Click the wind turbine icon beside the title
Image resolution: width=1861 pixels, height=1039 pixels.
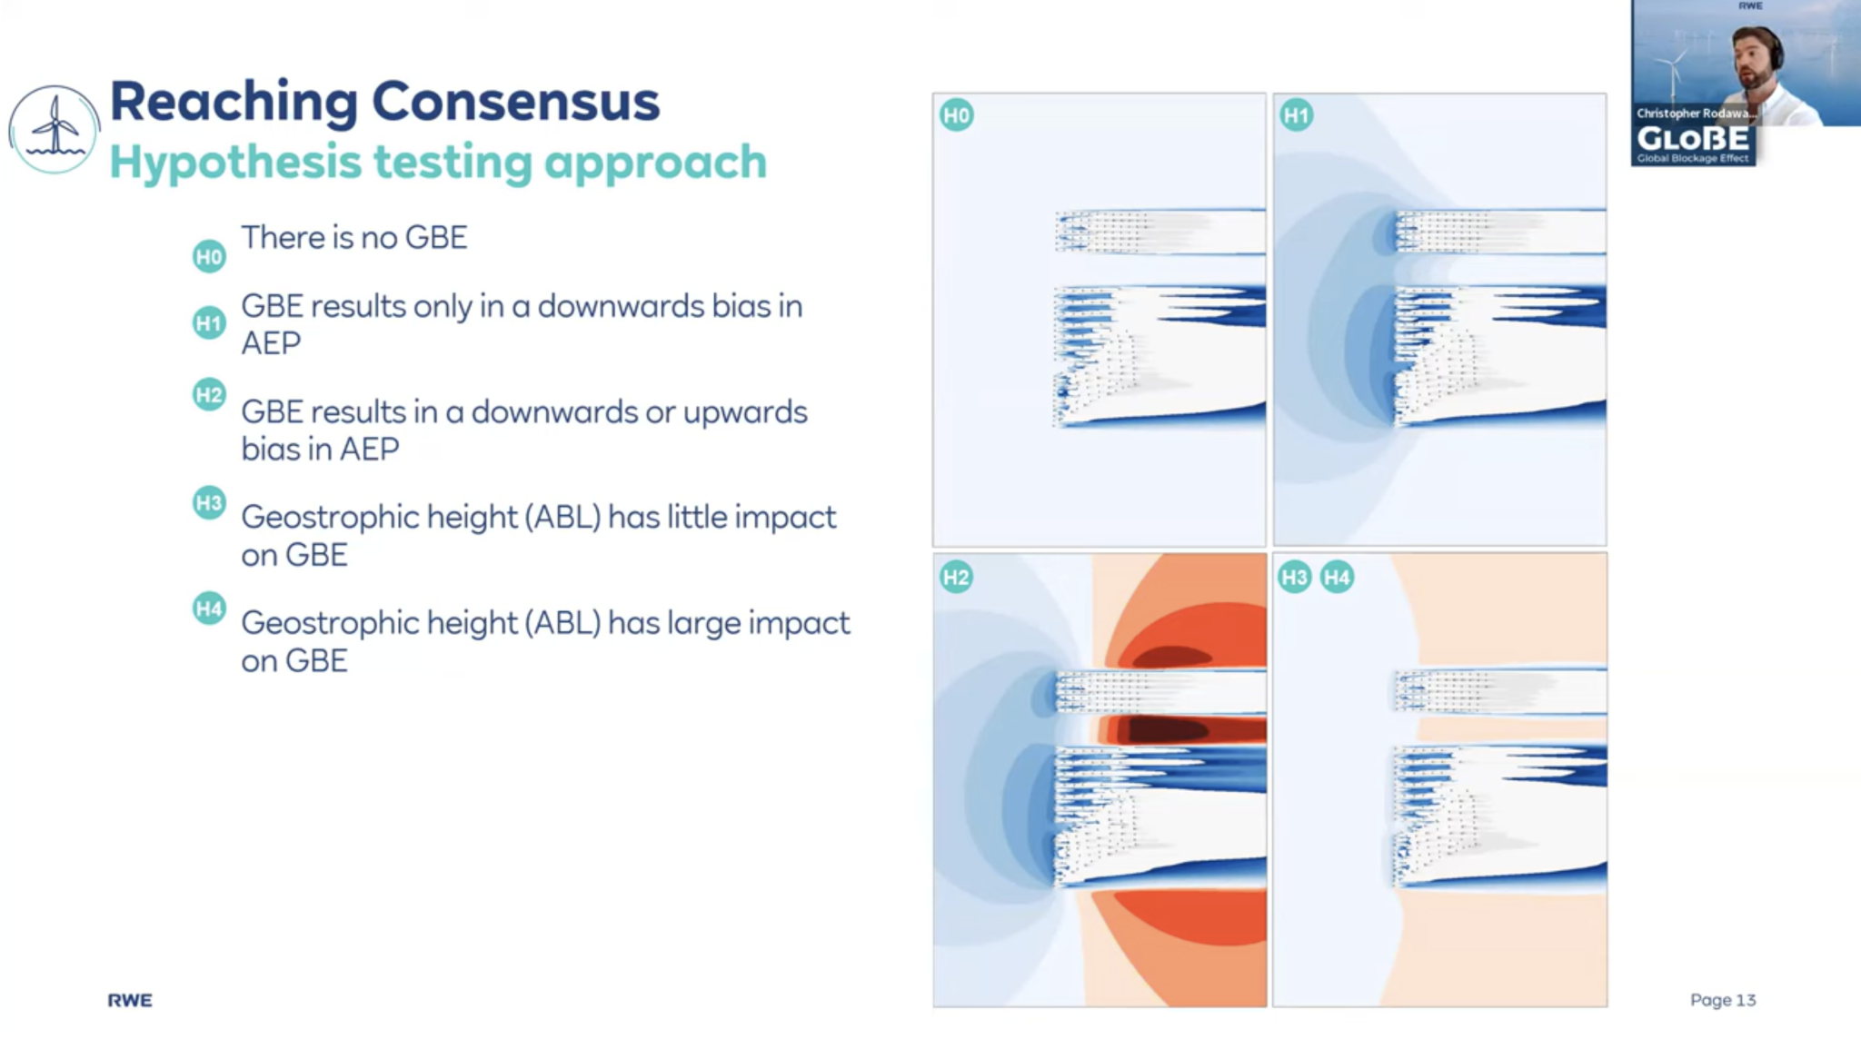54,130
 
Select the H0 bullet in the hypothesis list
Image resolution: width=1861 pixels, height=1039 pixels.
209,257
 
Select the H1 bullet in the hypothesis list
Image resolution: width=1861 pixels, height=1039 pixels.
209,323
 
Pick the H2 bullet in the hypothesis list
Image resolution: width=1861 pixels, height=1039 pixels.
209,395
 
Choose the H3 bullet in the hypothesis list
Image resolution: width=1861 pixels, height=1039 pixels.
209,502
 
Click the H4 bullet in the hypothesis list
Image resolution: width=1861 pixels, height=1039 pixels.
209,609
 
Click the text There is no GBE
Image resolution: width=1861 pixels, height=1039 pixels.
353,238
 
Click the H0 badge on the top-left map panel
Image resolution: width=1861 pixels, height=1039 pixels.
957,115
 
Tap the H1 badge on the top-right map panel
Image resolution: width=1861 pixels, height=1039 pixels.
1296,115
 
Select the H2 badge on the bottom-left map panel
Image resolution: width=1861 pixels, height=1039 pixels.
956,578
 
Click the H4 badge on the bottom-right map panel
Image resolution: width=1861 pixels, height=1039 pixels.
1337,578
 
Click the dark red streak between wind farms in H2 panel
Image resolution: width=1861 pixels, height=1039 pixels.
1172,729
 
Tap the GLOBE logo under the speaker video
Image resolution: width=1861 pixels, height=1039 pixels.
1693,141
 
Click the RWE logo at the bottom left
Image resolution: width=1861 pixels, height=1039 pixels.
130,1000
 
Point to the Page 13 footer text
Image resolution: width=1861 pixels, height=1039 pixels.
1722,1000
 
